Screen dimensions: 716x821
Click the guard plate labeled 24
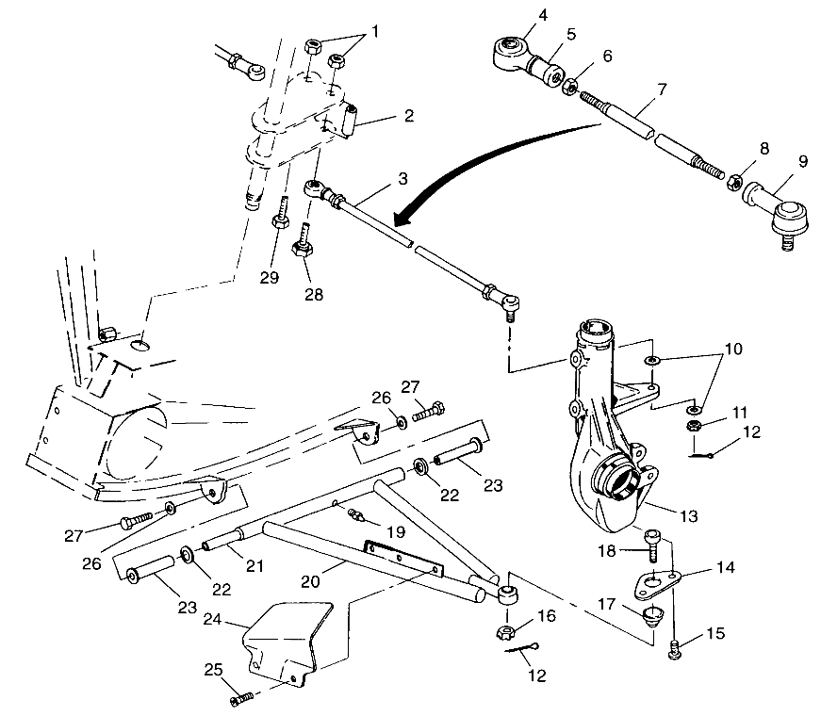288,641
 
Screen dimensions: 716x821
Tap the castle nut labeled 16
502,628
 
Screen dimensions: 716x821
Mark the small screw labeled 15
674,649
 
